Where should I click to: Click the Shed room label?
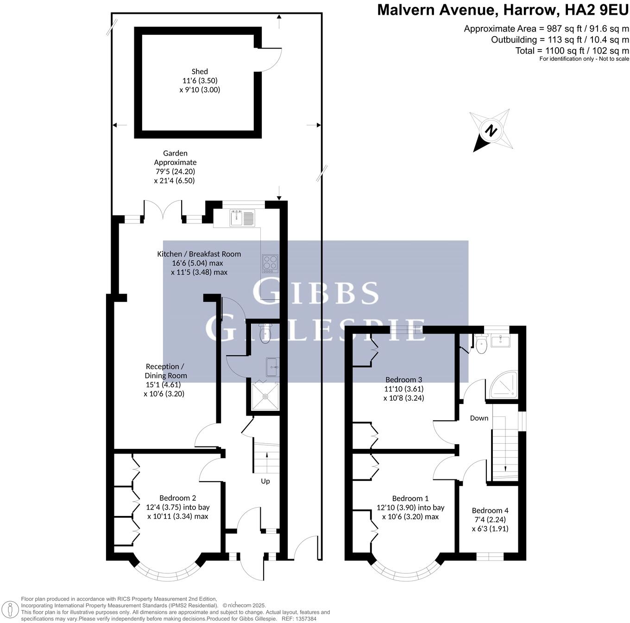200,71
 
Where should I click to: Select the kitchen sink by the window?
242,217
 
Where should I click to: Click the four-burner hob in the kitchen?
270,263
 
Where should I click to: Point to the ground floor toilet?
265,334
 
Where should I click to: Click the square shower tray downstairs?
265,396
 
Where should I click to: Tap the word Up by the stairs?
265,481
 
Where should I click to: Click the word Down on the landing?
479,418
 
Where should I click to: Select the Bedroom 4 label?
490,510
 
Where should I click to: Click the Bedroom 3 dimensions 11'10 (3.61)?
403,389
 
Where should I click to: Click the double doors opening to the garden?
163,209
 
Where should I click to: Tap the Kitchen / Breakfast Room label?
199,254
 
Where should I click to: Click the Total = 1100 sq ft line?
572,50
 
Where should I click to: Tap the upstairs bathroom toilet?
481,344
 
